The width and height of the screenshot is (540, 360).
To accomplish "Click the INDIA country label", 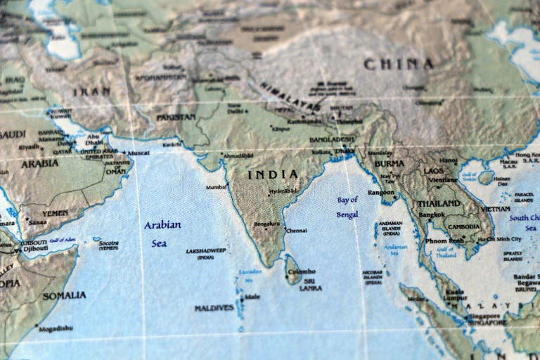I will (273, 174).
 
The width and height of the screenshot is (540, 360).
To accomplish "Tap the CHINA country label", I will (398, 64).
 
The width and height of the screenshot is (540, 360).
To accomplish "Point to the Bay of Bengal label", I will (347, 207).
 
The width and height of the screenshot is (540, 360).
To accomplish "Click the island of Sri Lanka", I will (292, 270).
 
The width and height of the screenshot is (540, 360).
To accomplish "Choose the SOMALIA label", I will (64, 295).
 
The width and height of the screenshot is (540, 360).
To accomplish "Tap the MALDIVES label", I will (214, 308).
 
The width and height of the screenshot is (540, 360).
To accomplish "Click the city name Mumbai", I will (216, 187).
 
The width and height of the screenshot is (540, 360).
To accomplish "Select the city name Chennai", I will (296, 230).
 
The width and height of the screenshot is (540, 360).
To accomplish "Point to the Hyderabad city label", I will (283, 191).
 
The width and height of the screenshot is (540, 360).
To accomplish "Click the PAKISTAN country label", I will (176, 117).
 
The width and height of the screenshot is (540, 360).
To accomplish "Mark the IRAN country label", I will (91, 91).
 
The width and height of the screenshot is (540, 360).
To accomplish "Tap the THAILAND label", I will (439, 203).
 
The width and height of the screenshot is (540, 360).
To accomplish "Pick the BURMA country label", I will (389, 163).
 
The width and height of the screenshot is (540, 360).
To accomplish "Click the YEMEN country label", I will (55, 213).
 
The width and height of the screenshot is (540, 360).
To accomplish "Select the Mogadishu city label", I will (56, 328).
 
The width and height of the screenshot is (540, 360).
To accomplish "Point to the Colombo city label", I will (301, 271).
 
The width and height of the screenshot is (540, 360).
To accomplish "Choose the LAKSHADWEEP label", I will (206, 250).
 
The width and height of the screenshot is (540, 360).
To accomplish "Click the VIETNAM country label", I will (496, 209).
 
